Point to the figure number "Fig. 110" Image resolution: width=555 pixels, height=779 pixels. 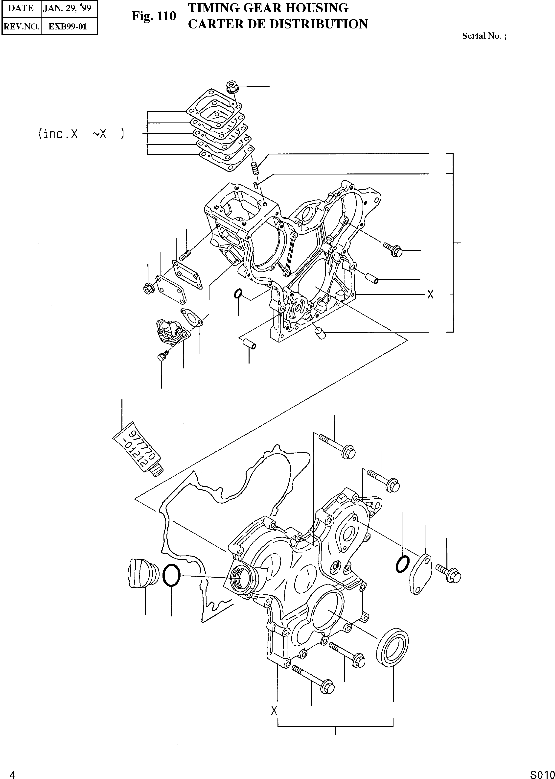[154, 16]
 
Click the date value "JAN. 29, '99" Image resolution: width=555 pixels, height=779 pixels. [67, 8]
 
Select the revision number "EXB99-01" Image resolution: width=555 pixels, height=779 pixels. [68, 26]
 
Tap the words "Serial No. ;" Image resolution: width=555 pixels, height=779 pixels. [484, 36]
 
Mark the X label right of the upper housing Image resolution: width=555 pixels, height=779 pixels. [430, 294]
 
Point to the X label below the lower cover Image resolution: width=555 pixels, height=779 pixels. [274, 711]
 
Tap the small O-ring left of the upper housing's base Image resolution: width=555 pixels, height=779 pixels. [238, 293]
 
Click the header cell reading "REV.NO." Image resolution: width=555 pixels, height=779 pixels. [21, 26]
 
